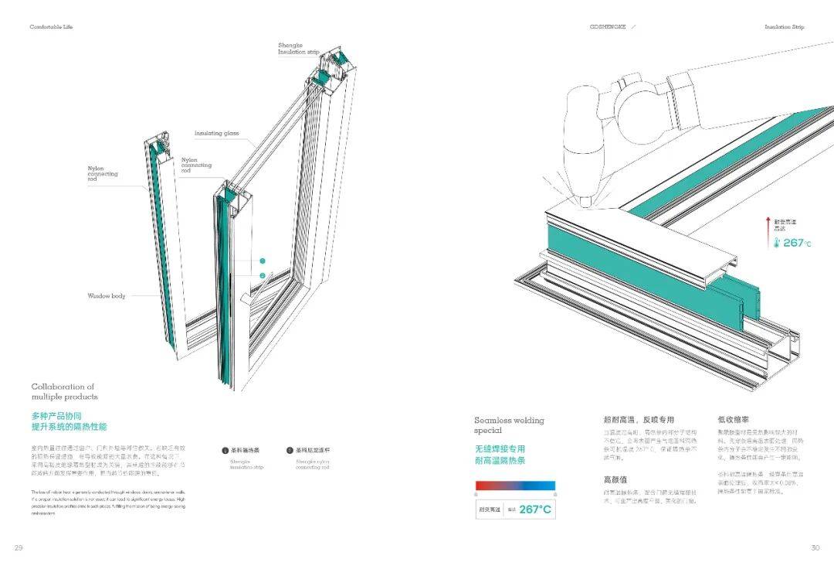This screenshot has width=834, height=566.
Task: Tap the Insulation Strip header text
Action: tap(784, 27)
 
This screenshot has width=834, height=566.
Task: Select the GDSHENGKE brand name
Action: tap(608, 27)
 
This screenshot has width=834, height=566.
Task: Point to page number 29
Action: tap(18, 547)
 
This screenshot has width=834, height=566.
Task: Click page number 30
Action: tap(815, 547)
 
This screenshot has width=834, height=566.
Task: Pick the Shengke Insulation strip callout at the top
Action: tap(298, 49)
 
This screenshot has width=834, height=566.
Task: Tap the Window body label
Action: tap(107, 296)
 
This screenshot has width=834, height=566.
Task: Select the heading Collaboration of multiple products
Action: tap(64, 391)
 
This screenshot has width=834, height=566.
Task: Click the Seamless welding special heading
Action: tap(509, 424)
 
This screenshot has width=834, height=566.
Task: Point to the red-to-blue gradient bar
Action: tap(515, 486)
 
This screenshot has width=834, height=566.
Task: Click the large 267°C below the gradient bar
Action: tap(535, 509)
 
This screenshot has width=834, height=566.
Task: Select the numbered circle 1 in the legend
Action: tap(225, 449)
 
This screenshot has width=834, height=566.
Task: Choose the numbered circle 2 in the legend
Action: tap(290, 449)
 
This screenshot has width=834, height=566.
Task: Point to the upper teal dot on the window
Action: tap(263, 261)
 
